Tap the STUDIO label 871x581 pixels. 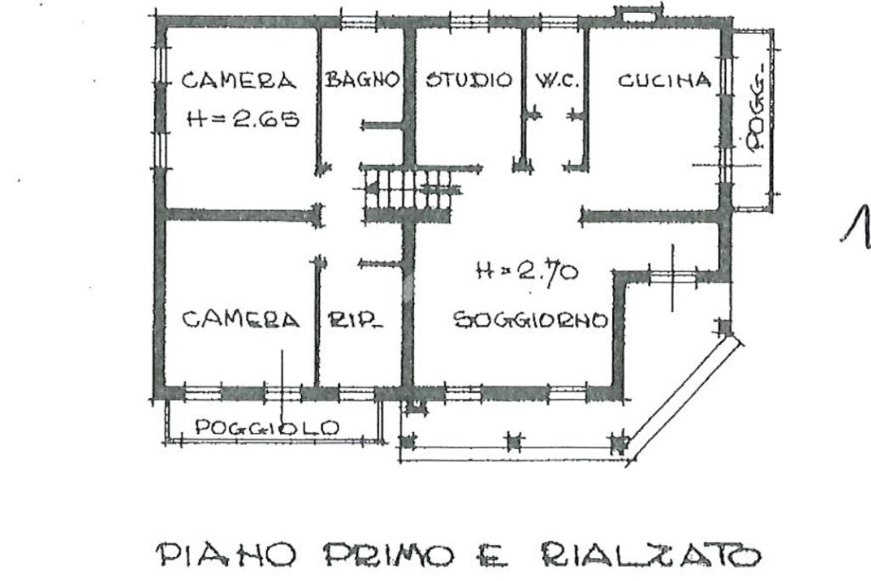pyautogui.click(x=469, y=80)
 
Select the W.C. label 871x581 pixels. pyautogui.click(x=556, y=81)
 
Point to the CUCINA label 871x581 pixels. pyautogui.click(x=664, y=81)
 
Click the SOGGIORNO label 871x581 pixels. pyautogui.click(x=531, y=320)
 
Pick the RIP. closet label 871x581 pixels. pyautogui.click(x=355, y=319)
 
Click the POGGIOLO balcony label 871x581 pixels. pyautogui.click(x=267, y=427)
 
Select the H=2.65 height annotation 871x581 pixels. pyautogui.click(x=243, y=117)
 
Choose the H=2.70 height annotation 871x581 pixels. pyautogui.click(x=527, y=272)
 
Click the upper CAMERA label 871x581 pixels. pyautogui.click(x=239, y=81)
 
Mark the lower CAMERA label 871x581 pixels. pyautogui.click(x=241, y=319)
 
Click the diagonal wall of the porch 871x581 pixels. pyautogui.click(x=685, y=396)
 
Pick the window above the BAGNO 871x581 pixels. pyautogui.click(x=358, y=22)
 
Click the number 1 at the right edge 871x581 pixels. pyautogui.click(x=857, y=225)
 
